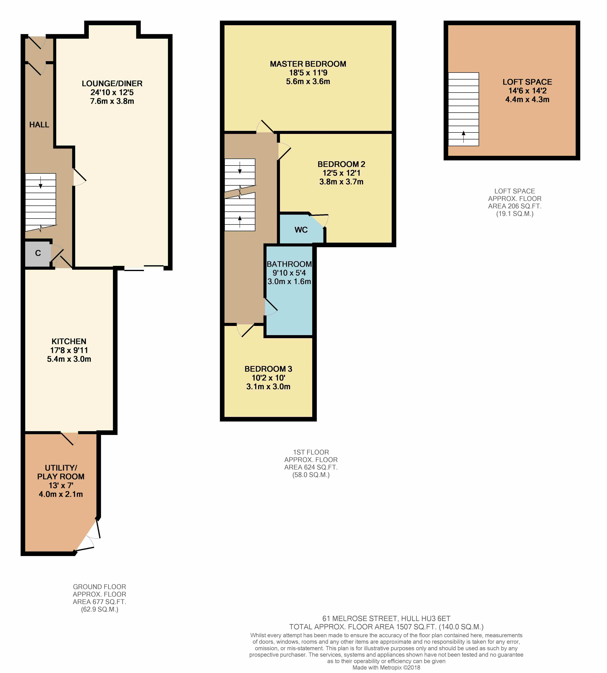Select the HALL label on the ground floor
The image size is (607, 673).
pyautogui.click(x=39, y=125)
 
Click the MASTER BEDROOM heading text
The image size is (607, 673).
pyautogui.click(x=308, y=64)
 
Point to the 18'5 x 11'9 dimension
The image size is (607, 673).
pyautogui.click(x=308, y=73)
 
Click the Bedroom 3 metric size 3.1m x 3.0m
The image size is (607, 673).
pyautogui.click(x=268, y=387)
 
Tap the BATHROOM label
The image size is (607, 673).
pyautogui.click(x=289, y=264)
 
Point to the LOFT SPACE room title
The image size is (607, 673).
pyautogui.click(x=527, y=82)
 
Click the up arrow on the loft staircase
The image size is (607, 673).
pyautogui.click(x=463, y=137)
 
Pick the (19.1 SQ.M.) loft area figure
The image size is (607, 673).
pyautogui.click(x=515, y=214)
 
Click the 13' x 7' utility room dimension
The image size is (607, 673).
pyautogui.click(x=61, y=485)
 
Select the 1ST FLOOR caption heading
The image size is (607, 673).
pyautogui.click(x=311, y=452)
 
